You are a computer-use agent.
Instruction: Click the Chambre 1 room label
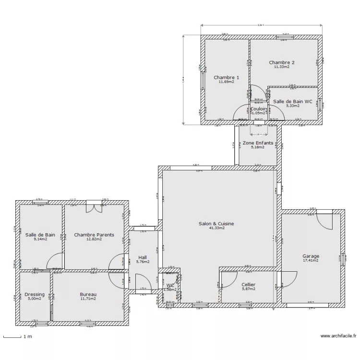pyautogui.click(x=226, y=77)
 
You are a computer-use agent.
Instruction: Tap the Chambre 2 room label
pyautogui.click(x=282, y=62)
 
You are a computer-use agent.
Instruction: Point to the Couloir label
pyautogui.click(x=259, y=109)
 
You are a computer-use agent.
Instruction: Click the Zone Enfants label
pyautogui.click(x=258, y=143)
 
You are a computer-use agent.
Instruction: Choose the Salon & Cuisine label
pyautogui.click(x=219, y=223)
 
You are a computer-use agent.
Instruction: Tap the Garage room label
pyautogui.click(x=311, y=256)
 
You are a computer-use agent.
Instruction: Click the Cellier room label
pyautogui.click(x=248, y=285)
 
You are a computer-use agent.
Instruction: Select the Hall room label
pyautogui.click(x=143, y=257)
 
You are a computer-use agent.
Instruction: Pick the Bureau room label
pyautogui.click(x=88, y=294)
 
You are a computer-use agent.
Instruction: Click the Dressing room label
pyautogui.click(x=35, y=294)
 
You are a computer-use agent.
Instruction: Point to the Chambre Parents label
pyautogui.click(x=94, y=235)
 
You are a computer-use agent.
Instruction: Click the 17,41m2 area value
pyautogui.click(x=311, y=261)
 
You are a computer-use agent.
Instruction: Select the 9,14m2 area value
pyautogui.click(x=40, y=239)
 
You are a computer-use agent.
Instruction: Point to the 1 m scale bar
pyautogui.click(x=14, y=336)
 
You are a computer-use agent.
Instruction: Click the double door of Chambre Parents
pyautogui.click(x=94, y=207)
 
